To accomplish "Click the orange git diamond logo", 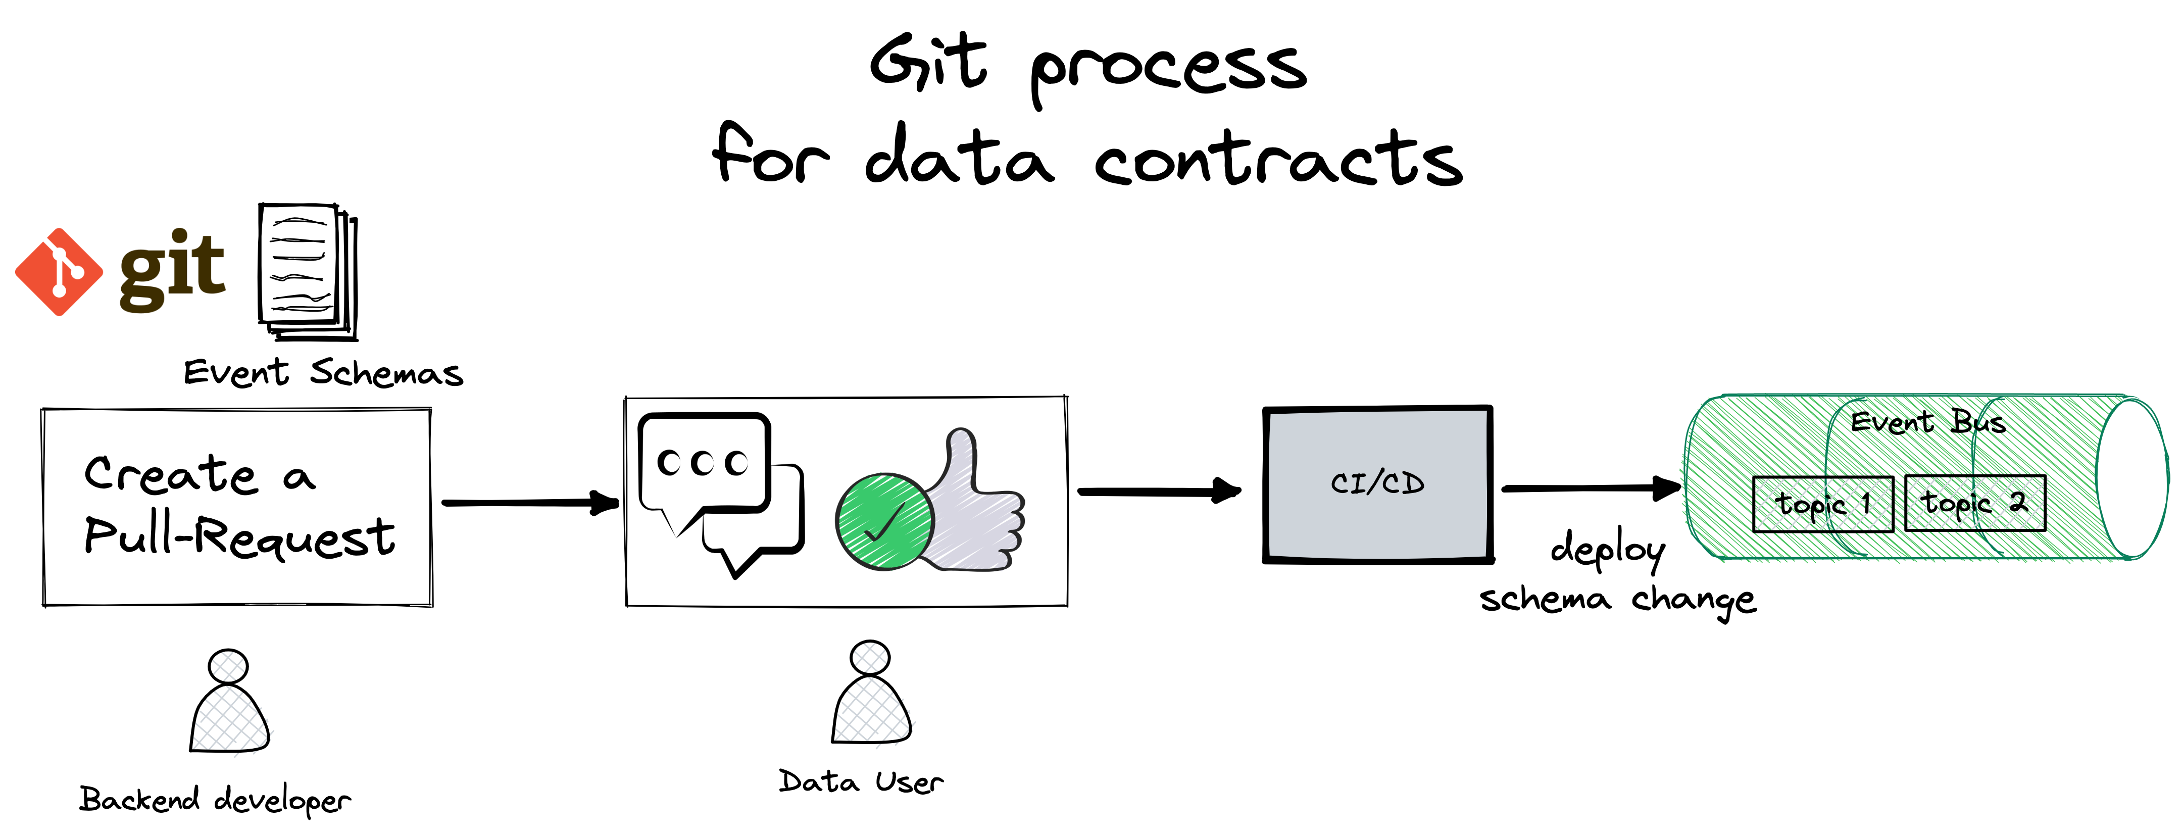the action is tap(59, 272).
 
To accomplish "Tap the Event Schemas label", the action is tap(323, 372).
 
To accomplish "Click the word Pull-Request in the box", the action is tap(240, 535).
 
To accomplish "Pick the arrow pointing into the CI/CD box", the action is tap(1159, 490).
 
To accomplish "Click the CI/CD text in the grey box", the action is tap(1377, 483).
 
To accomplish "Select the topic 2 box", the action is tap(1974, 504).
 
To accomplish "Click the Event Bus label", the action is tap(1928, 421).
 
